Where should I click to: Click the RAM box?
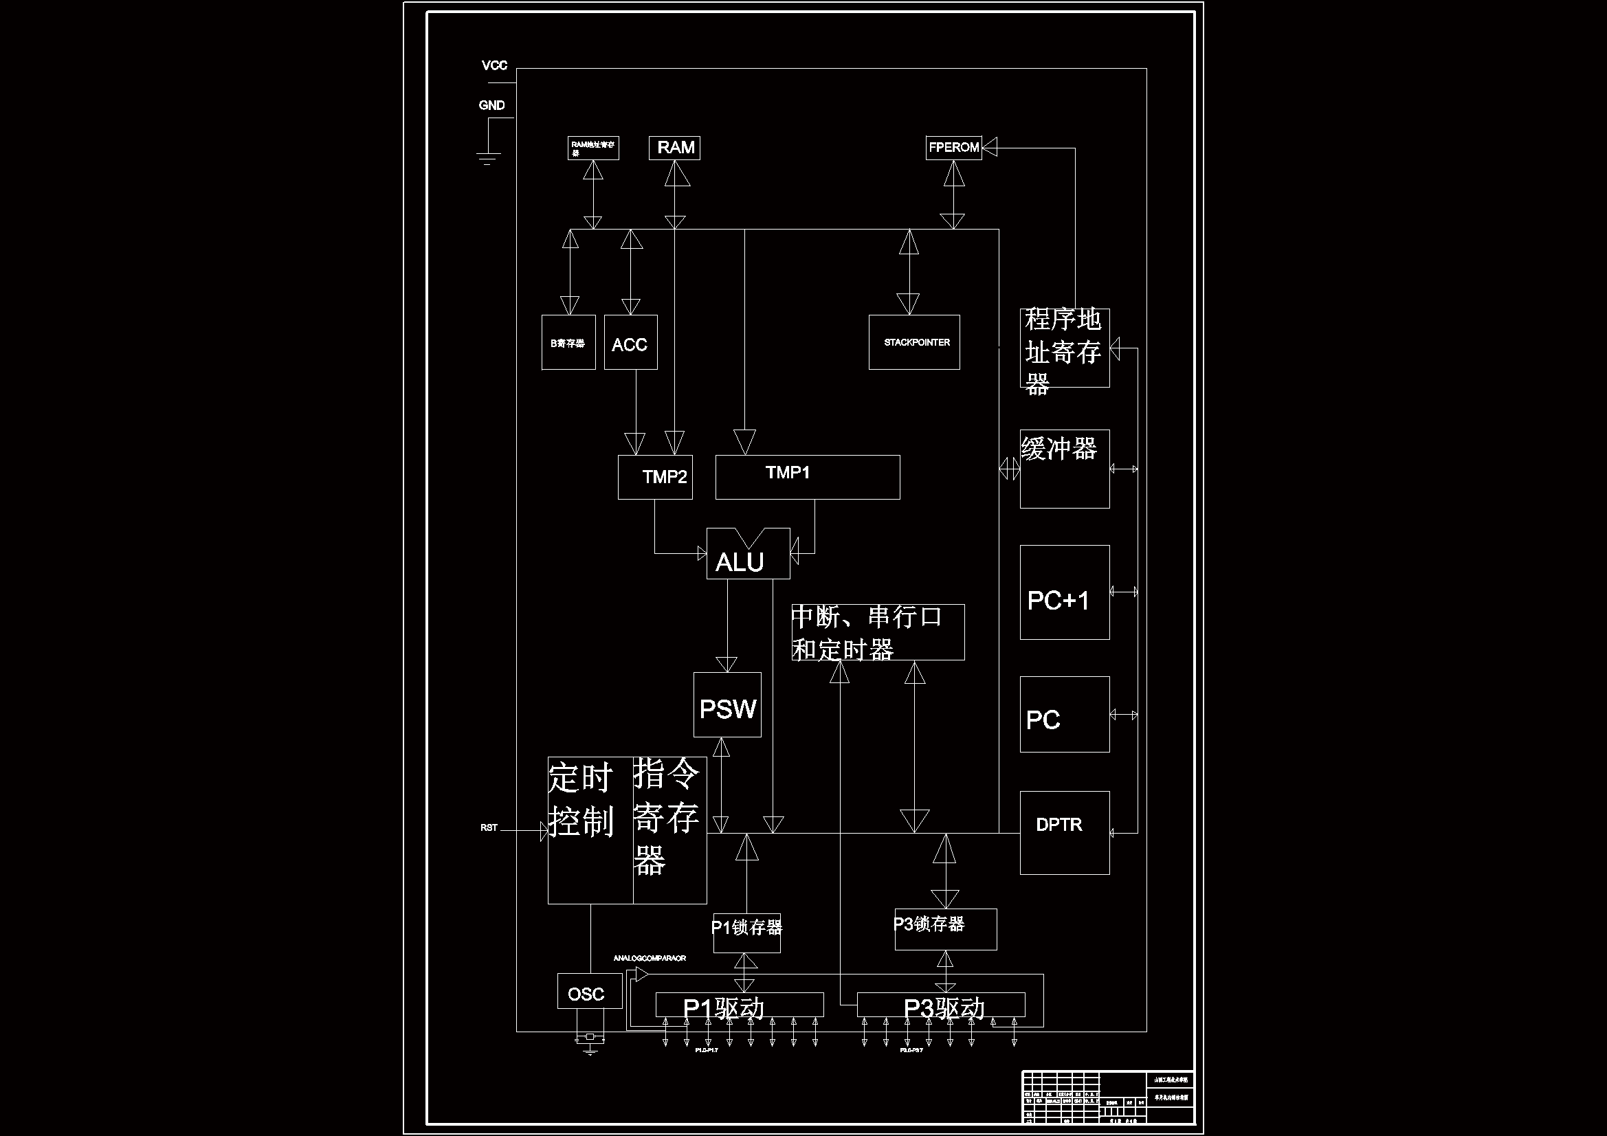pyautogui.click(x=675, y=148)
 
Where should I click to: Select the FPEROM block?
pyautogui.click(x=953, y=148)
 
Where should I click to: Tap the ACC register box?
pyautogui.click(x=630, y=342)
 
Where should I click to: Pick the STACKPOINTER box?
pyautogui.click(x=914, y=342)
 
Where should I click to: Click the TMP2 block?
pyautogui.click(x=655, y=478)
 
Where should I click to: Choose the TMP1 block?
pyautogui.click(x=807, y=478)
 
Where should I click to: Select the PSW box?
pyautogui.click(x=727, y=705)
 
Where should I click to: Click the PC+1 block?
pyautogui.click(x=1065, y=592)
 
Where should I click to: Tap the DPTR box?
pyautogui.click(x=1065, y=832)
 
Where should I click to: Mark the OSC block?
pyautogui.click(x=589, y=991)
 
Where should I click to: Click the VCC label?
pyautogui.click(x=494, y=66)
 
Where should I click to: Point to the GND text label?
pyautogui.click(x=491, y=106)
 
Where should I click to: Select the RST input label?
pyautogui.click(x=489, y=827)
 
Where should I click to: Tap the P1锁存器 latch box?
pyautogui.click(x=747, y=933)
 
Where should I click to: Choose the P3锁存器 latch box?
pyautogui.click(x=946, y=929)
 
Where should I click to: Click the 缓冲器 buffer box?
pyautogui.click(x=1065, y=469)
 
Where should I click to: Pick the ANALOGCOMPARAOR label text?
pyautogui.click(x=650, y=958)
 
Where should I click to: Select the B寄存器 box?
pyautogui.click(x=568, y=342)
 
